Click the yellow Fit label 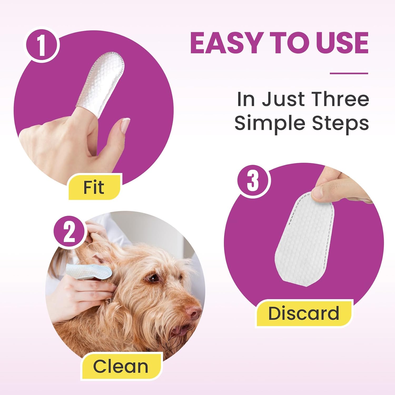click(94, 187)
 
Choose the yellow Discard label click(304, 313)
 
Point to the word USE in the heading click(342, 43)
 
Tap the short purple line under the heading click(349, 73)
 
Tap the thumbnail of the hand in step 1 click(125, 125)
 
